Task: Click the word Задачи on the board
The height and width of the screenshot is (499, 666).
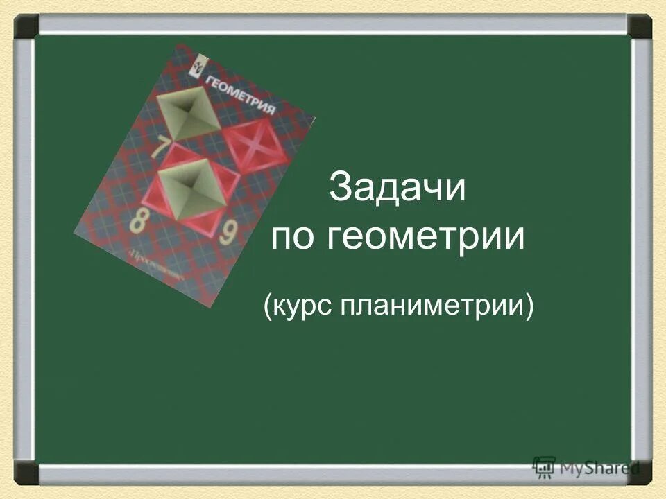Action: pos(398,187)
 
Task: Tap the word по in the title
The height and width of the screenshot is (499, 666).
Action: pos(293,238)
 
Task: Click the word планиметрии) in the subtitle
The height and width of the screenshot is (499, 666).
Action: pos(438,307)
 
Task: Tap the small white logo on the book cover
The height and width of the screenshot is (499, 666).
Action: pos(196,68)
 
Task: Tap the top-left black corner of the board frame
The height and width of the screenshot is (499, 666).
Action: pos(27,26)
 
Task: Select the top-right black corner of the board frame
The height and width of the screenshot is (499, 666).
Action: pos(640,26)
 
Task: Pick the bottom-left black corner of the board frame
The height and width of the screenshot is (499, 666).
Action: pos(27,472)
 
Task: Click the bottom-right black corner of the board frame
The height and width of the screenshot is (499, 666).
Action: pos(640,472)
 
